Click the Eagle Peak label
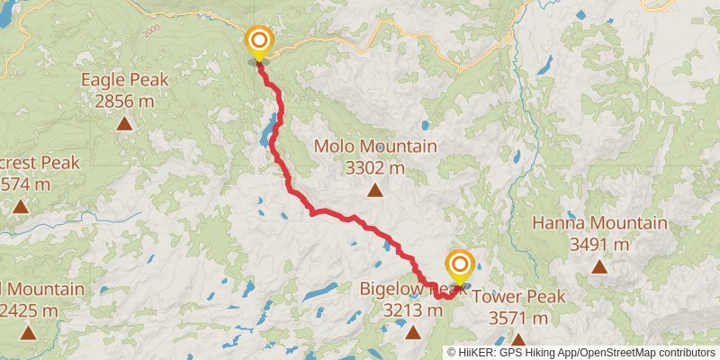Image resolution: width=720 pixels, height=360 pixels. (x=125, y=79)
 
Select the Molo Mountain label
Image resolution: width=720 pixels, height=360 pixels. (x=375, y=146)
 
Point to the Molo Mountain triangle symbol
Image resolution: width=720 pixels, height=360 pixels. (x=374, y=190)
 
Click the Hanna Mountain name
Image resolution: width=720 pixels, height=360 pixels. (x=599, y=223)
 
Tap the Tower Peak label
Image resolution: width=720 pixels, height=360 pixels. (x=518, y=297)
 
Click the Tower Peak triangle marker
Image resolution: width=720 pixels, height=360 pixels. (x=518, y=339)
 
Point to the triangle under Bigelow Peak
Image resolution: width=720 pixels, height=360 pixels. (x=413, y=333)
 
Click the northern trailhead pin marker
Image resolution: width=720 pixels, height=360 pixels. (x=259, y=41)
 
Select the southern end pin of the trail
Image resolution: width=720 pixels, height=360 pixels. (x=460, y=265)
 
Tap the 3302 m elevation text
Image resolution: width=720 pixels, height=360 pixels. (x=375, y=167)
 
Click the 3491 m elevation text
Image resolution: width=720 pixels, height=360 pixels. (x=599, y=244)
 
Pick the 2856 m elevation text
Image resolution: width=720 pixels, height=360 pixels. (x=124, y=101)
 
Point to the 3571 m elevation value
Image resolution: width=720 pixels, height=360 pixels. (x=518, y=318)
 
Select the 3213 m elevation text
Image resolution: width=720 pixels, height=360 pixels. (x=413, y=310)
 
